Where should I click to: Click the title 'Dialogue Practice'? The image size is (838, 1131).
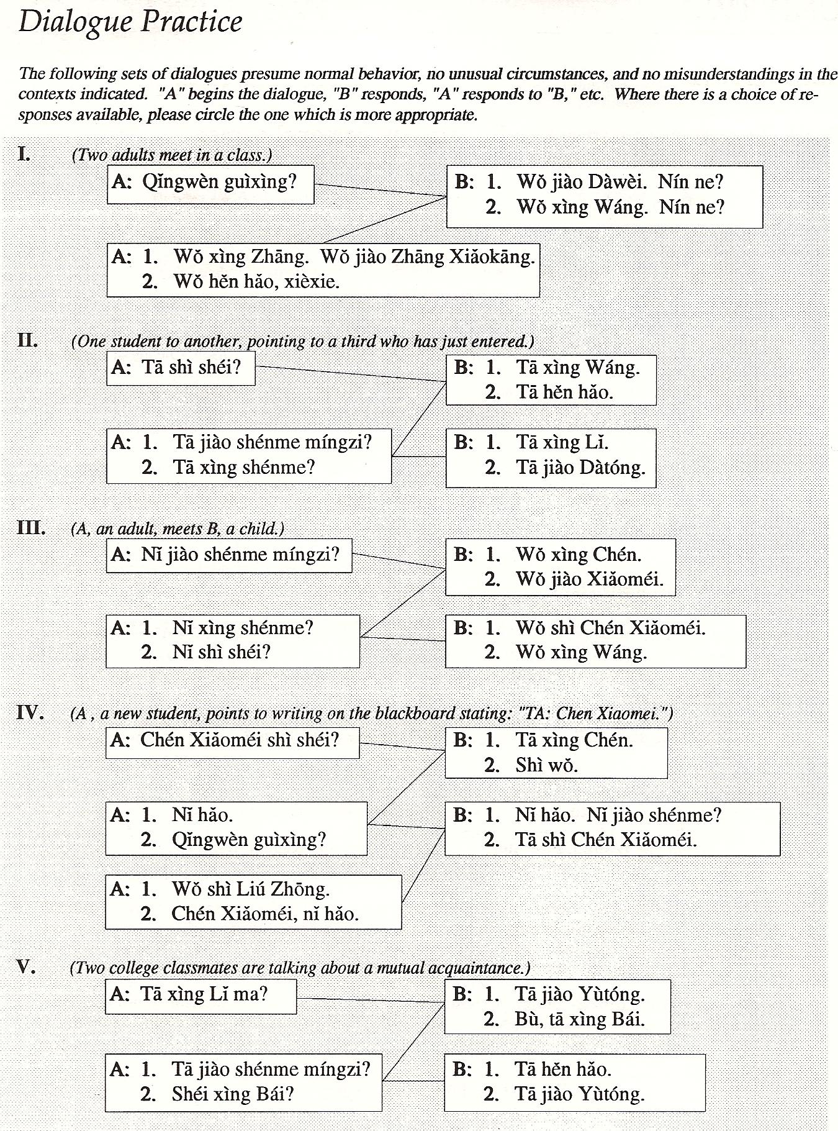click(130, 23)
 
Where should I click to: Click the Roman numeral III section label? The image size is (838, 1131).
click(31, 529)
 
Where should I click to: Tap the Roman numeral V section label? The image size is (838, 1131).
click(25, 967)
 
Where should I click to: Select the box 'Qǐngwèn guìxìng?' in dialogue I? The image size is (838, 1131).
click(210, 183)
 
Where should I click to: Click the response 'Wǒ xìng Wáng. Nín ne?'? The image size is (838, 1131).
click(620, 207)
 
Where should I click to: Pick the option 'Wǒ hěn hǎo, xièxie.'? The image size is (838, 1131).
click(256, 282)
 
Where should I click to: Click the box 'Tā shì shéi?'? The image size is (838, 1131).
click(181, 368)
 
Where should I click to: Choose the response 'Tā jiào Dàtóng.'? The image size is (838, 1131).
click(580, 467)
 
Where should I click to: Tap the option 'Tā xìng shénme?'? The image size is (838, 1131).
click(244, 467)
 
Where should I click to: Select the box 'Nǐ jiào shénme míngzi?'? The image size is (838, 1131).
click(228, 555)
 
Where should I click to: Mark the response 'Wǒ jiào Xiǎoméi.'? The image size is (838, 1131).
click(589, 579)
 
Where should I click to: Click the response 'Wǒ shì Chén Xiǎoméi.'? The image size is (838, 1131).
click(610, 628)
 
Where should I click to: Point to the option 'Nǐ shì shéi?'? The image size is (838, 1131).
click(221, 652)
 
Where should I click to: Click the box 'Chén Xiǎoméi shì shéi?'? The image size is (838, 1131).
click(232, 740)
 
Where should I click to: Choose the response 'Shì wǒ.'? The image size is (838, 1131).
click(546, 765)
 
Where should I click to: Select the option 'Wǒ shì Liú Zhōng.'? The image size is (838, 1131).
click(250, 889)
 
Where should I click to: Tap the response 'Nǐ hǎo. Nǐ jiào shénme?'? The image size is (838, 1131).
click(618, 815)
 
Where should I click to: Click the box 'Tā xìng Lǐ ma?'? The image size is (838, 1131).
click(200, 994)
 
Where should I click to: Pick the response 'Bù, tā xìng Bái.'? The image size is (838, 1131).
click(579, 1019)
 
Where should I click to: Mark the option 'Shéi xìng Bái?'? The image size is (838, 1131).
click(232, 1094)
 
